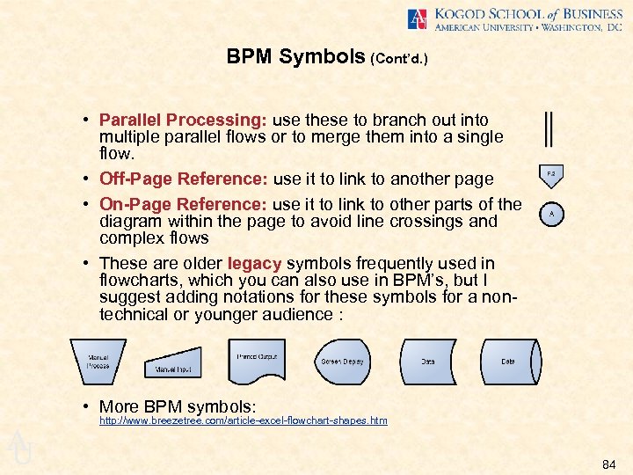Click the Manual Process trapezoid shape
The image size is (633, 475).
click(x=98, y=361)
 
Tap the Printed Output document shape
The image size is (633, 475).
click(x=257, y=360)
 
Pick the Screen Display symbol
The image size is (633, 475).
click(x=343, y=361)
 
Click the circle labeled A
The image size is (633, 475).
click(x=551, y=214)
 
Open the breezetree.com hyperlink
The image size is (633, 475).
click(x=244, y=421)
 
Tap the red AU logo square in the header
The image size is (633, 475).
click(x=418, y=19)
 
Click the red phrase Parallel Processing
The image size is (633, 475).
click(x=184, y=120)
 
